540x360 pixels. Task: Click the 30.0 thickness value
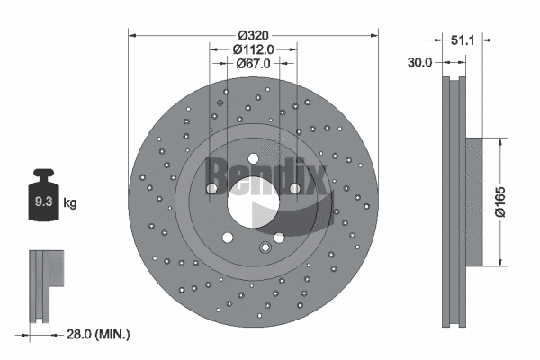[420, 63]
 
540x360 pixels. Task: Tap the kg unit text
[70, 203]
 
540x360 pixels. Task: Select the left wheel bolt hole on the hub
[211, 189]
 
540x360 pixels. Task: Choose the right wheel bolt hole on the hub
[294, 188]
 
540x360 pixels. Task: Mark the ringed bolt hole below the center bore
[265, 249]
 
